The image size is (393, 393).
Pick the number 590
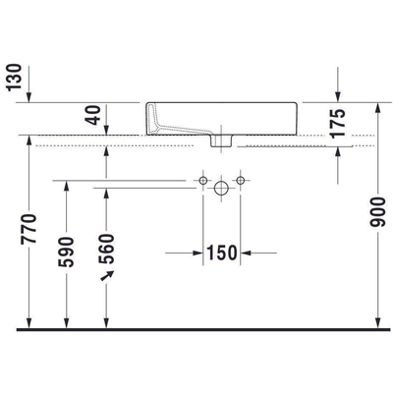68,253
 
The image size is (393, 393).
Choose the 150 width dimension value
223,253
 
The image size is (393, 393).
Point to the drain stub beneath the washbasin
223,141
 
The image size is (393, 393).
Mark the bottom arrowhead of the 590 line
68,322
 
